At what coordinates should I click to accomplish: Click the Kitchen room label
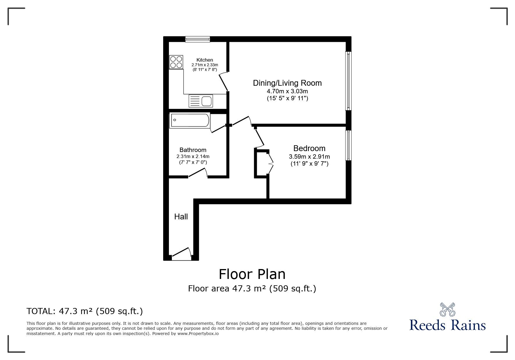coord(205,60)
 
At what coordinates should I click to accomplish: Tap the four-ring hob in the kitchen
coord(176,62)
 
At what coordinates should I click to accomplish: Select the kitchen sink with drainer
coord(201,101)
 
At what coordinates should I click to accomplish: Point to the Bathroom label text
coord(193,150)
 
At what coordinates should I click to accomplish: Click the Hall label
coord(181,216)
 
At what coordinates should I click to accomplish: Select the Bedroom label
coord(309,148)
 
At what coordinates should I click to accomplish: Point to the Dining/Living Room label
coord(287,83)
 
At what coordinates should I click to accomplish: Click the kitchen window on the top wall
coord(198,39)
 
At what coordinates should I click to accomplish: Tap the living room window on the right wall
coord(348,81)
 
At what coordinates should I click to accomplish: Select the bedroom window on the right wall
coord(348,145)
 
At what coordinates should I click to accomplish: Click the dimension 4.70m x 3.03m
coord(287,91)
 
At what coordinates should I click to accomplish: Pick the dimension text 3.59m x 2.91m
coord(309,157)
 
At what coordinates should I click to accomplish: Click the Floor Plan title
coord(252,274)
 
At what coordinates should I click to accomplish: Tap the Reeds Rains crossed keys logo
coord(447,310)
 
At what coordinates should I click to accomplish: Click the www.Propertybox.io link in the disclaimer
coord(198,334)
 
